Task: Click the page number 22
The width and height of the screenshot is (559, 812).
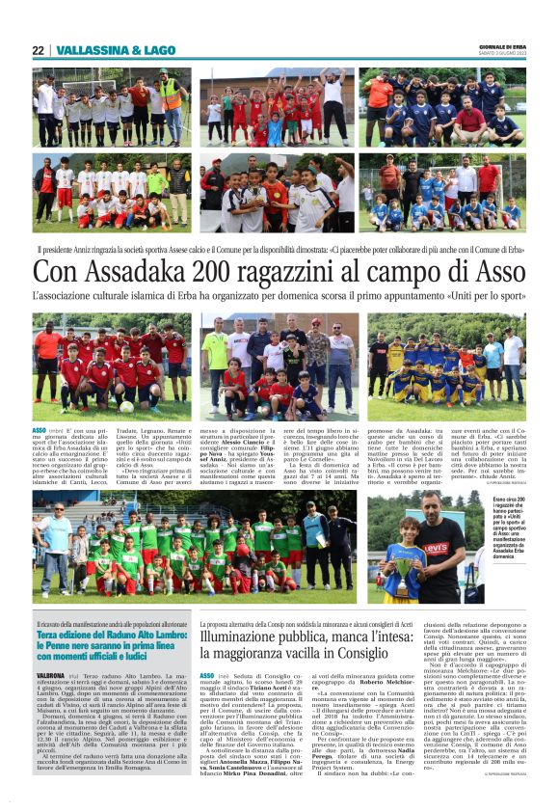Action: (x=38, y=50)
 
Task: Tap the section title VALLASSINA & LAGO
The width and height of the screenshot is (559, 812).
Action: (x=100, y=50)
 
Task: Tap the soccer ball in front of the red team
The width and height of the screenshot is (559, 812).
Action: (x=126, y=406)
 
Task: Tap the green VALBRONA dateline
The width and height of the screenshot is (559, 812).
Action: (x=50, y=677)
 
